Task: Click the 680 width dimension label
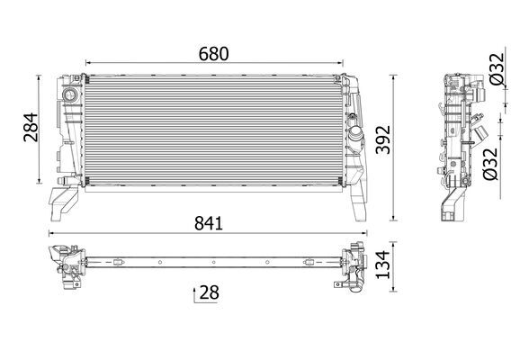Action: coord(214,53)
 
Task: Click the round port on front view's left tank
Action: coord(67,95)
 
